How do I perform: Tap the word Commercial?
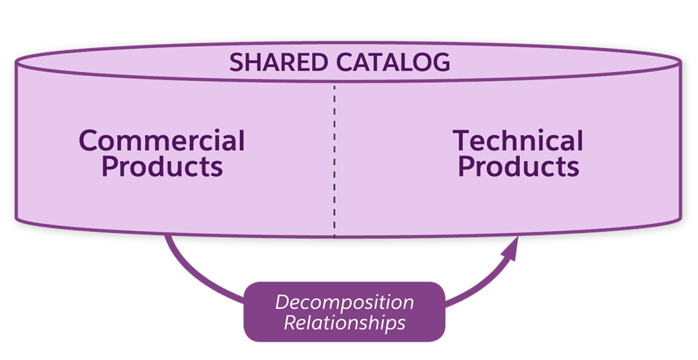[x=162, y=142]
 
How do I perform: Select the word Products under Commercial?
[x=162, y=167]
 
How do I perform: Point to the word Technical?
[x=518, y=142]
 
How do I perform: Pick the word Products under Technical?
[x=518, y=167]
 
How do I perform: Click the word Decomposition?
[x=344, y=303]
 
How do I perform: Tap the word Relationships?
[x=344, y=324]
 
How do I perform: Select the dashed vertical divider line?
[x=334, y=160]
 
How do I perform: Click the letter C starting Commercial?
[x=89, y=142]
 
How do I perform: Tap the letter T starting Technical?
[x=462, y=142]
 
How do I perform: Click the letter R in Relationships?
[x=290, y=324]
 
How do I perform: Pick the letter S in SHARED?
[x=237, y=63]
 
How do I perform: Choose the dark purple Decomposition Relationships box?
[x=344, y=312]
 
